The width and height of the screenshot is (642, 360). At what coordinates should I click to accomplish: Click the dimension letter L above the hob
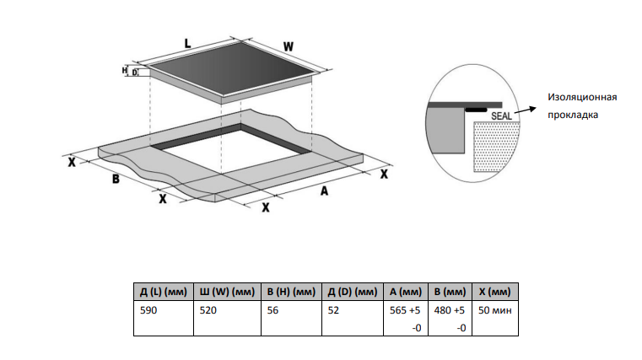tap(186, 40)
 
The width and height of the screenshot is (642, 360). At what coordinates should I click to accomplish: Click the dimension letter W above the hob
tap(288, 46)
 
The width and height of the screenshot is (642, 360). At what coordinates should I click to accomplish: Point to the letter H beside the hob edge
tap(125, 71)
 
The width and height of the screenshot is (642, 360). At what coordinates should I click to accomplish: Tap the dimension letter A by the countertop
tap(323, 191)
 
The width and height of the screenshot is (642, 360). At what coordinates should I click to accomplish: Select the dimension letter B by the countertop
tap(116, 180)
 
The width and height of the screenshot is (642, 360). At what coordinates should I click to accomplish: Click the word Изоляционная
tap(582, 97)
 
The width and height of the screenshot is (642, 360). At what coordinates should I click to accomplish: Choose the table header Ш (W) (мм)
tap(226, 292)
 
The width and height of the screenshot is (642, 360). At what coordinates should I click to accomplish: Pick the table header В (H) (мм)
tap(290, 292)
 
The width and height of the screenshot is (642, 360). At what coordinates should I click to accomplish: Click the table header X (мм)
tap(494, 292)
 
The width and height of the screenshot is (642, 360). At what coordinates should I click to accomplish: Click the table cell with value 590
tap(148, 310)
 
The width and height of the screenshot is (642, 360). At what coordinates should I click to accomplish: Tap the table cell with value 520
tap(210, 310)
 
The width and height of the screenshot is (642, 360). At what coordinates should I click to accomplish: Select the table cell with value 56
tap(271, 310)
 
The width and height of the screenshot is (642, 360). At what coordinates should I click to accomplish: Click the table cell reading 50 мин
tap(494, 310)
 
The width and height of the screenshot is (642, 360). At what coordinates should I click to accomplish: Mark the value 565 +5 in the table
tap(405, 310)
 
